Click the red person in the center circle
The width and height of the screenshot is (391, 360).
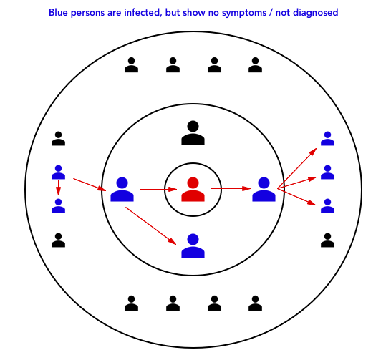pyautogui.click(x=193, y=190)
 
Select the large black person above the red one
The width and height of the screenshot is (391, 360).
pyautogui.click(x=193, y=133)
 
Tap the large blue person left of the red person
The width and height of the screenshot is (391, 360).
pyautogui.click(x=122, y=190)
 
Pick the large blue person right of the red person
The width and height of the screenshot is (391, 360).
pyautogui.click(x=264, y=190)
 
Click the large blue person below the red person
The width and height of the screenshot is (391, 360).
pyautogui.click(x=193, y=246)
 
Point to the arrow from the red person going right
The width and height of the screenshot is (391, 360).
pyautogui.click(x=231, y=189)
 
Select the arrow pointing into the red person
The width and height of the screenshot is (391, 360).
pyautogui.click(x=158, y=190)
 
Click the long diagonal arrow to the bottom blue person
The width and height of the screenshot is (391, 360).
pyautogui.click(x=151, y=225)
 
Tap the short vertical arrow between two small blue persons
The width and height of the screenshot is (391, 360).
pyautogui.click(x=58, y=188)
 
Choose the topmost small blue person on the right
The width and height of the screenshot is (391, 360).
pyautogui.click(x=327, y=139)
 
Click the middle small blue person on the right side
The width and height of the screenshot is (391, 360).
pyautogui.click(x=327, y=172)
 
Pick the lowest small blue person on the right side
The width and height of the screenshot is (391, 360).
pyautogui.click(x=327, y=206)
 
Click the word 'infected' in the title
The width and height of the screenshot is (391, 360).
pyautogui.click(x=142, y=12)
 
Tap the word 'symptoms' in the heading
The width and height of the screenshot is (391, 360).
pyautogui.click(x=244, y=13)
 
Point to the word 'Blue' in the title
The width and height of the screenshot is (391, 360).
pyautogui.click(x=58, y=12)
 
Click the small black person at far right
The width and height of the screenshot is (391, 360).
pyautogui.click(x=327, y=240)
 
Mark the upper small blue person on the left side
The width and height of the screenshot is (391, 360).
pyautogui.click(x=58, y=172)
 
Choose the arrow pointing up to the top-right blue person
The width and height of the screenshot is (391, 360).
pyautogui.click(x=297, y=168)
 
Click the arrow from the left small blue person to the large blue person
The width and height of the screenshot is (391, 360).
pyautogui.click(x=90, y=185)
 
